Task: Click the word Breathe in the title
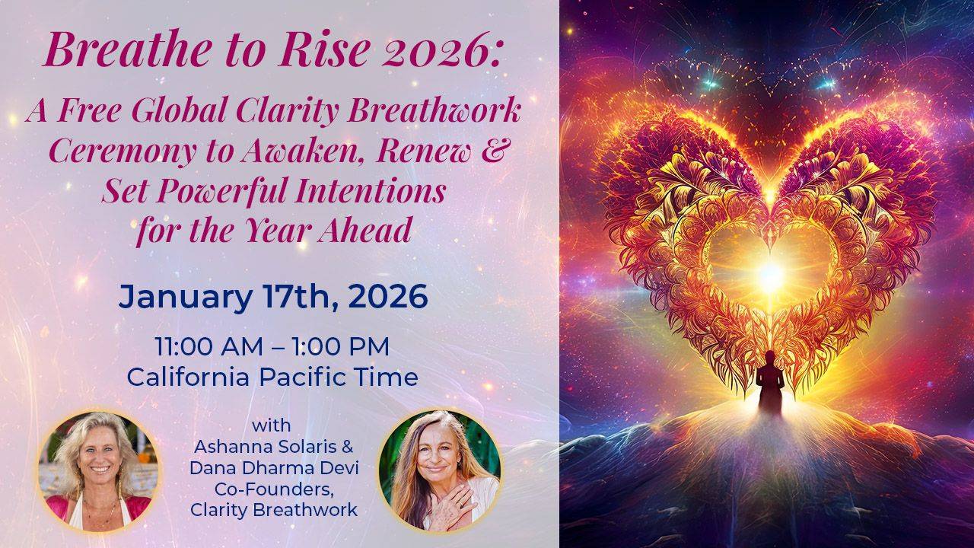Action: coord(127,49)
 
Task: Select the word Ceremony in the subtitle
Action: coord(123,152)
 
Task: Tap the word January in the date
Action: coord(185,298)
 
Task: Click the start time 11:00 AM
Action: coord(209,346)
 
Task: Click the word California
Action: coord(188,377)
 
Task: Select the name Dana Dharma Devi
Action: coord(274,468)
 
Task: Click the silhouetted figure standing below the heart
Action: coord(769,383)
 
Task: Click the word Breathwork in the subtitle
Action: coord(434,110)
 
